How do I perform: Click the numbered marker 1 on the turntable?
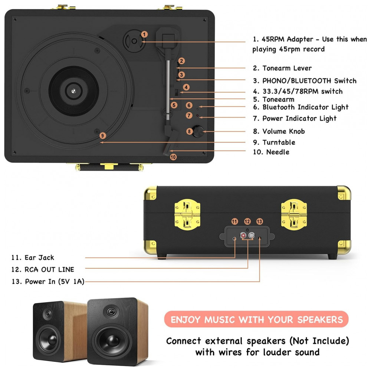point(144,34)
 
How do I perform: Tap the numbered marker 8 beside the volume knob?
point(190,131)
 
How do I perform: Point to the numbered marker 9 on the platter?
point(103,135)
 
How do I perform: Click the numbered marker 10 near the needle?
point(173,157)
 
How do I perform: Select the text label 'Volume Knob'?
point(284,131)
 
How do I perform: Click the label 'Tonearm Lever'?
point(287,68)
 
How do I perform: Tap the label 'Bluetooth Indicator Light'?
point(305,107)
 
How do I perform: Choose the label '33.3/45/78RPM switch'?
point(302,91)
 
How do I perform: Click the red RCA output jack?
point(244,236)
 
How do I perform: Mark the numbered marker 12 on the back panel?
point(247,221)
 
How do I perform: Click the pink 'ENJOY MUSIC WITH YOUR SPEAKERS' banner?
point(256,319)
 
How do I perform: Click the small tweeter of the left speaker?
point(47,315)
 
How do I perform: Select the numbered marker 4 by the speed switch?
point(186,87)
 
